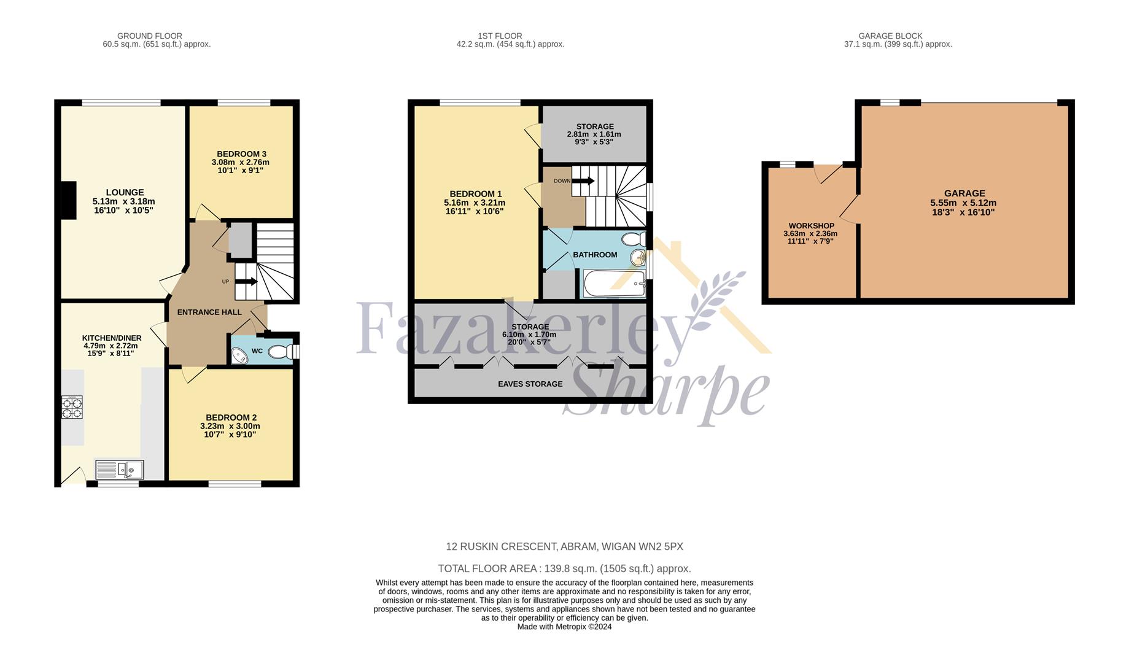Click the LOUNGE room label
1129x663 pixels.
coord(125,192)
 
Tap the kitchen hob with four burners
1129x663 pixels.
coord(72,408)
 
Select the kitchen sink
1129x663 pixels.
coord(120,470)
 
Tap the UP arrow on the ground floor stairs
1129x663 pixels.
coord(246,282)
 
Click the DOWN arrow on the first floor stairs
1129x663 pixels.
coord(583,180)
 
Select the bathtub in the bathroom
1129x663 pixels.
coord(614,284)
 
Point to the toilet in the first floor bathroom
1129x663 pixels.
coord(634,239)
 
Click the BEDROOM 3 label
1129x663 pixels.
coord(241,153)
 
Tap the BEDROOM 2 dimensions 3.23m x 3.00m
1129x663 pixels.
coord(230,426)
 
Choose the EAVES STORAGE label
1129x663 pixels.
coord(530,384)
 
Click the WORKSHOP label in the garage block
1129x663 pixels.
coord(812,226)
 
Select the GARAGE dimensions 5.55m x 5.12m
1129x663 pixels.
coord(963,203)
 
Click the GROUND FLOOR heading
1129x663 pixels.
coord(150,36)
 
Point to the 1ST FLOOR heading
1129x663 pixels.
coord(500,36)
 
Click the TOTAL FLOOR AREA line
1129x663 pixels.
coord(564,568)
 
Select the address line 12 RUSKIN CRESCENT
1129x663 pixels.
coord(564,546)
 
